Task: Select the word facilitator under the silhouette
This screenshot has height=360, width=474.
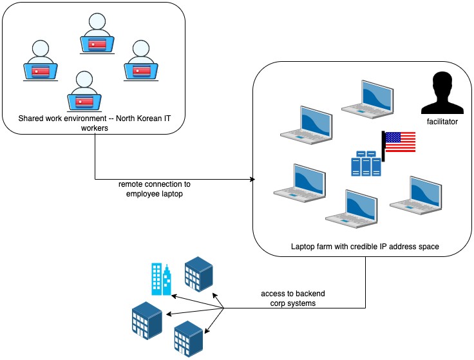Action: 441,120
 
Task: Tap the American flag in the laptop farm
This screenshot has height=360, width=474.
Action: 399,142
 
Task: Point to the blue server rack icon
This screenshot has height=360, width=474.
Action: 365,163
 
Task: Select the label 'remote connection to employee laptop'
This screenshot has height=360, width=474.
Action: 155,189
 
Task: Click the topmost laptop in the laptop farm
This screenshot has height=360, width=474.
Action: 366,99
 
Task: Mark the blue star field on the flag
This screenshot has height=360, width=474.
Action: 393,137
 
